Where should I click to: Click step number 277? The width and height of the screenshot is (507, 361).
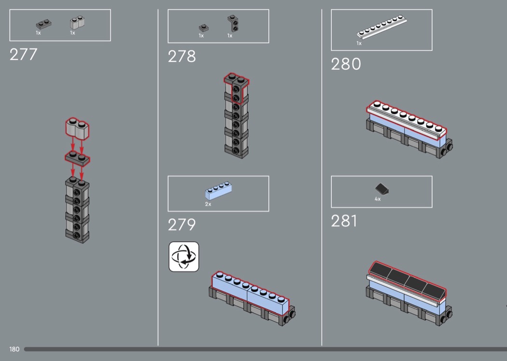pos(23,55)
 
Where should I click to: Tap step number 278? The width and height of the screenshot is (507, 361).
pos(182,57)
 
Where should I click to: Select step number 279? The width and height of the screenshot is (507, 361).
pos(182,225)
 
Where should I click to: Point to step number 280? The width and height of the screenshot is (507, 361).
pos(346,64)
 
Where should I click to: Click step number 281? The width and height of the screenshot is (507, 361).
pos(344,221)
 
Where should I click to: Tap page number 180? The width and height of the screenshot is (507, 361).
pos(14,349)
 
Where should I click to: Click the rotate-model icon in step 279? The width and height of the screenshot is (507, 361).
pos(183,256)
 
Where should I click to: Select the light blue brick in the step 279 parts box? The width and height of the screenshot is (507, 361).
pos(218,191)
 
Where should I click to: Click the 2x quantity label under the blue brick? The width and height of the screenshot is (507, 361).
pos(208,204)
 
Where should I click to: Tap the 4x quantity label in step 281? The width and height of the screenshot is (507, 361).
pos(378,199)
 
